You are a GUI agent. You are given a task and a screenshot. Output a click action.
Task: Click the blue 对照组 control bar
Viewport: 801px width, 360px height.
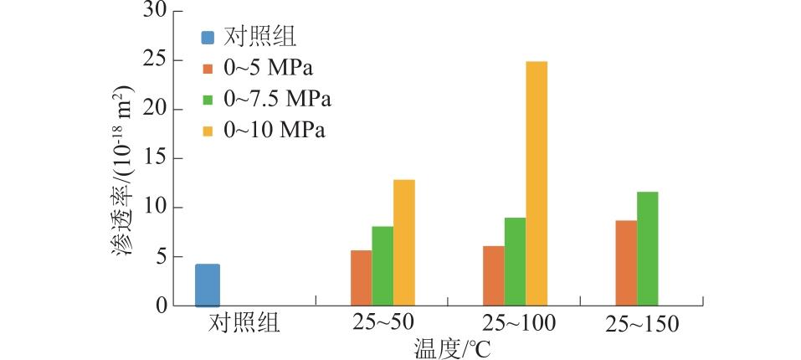tap(208, 285)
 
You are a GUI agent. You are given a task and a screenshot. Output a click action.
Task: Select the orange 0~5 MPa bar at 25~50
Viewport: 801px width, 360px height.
tap(361, 278)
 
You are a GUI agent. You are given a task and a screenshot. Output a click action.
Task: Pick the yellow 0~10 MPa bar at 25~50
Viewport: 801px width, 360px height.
tap(404, 243)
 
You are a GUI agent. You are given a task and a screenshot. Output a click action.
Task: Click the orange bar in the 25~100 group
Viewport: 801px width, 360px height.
tap(493, 276)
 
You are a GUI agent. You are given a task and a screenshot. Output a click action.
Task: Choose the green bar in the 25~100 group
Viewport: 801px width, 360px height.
tap(515, 262)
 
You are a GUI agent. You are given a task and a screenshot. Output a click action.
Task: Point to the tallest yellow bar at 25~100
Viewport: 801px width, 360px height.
tap(537, 183)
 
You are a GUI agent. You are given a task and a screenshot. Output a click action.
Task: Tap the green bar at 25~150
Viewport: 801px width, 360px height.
tap(647, 249)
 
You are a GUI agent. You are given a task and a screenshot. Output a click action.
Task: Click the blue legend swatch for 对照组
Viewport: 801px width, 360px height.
tap(208, 38)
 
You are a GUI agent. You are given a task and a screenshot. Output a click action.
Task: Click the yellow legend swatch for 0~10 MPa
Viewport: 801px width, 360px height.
tap(208, 131)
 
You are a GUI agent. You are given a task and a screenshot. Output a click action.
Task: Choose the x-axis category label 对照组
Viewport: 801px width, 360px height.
tap(244, 323)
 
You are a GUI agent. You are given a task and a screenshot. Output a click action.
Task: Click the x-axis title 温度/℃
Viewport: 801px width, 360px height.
tap(451, 347)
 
